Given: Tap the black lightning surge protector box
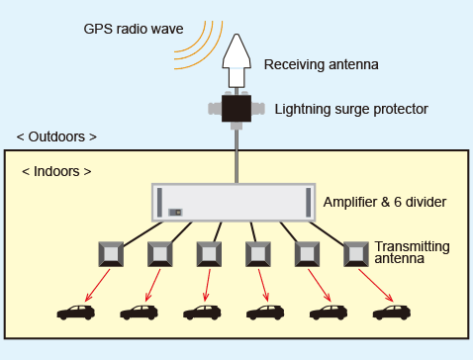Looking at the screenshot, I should click(236, 108).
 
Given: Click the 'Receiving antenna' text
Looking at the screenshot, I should click(322, 65).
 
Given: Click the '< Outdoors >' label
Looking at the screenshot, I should click(57, 136).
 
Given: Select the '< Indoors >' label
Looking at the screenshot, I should click(57, 171).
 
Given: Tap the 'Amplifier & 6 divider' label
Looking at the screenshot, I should click(385, 203).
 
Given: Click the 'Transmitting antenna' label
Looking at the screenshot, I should click(412, 252).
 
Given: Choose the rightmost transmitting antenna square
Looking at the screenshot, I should click(356, 254).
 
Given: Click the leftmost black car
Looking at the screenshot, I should click(76, 313).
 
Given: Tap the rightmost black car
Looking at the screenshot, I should click(392, 313).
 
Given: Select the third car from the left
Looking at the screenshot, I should click(203, 313).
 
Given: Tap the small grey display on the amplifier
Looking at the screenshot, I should click(176, 212).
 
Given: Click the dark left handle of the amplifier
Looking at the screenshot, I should click(159, 203).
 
